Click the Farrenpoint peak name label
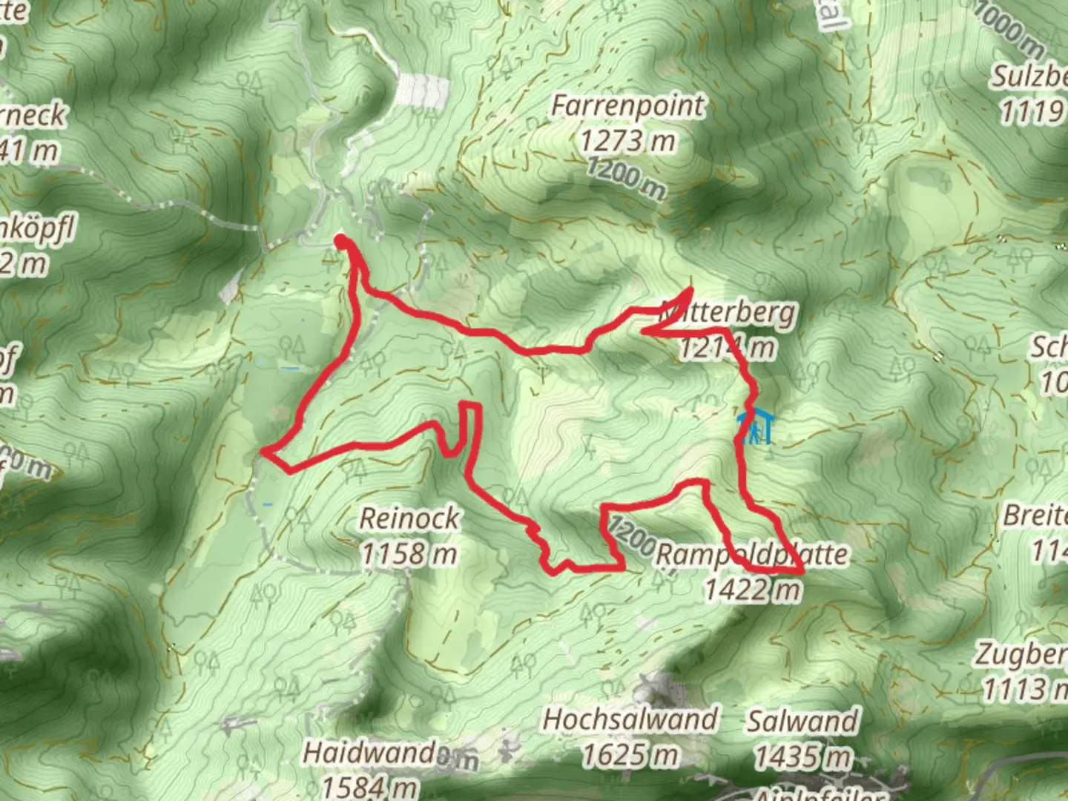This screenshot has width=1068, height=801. pos(627,106)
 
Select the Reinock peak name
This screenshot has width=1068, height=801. pos(409,518)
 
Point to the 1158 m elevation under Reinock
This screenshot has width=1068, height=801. pos(409,553)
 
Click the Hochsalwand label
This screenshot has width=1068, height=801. pos(630,719)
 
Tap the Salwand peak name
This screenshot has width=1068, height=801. pos(803,721)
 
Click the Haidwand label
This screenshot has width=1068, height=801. pos(369,754)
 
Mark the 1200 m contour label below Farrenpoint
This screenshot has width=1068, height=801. pos(626,179)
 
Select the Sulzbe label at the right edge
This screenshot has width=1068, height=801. pos(1029,77)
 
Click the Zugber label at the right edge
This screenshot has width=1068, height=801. pos(1021,655)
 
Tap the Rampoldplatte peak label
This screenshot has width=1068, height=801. pos(752,555)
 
